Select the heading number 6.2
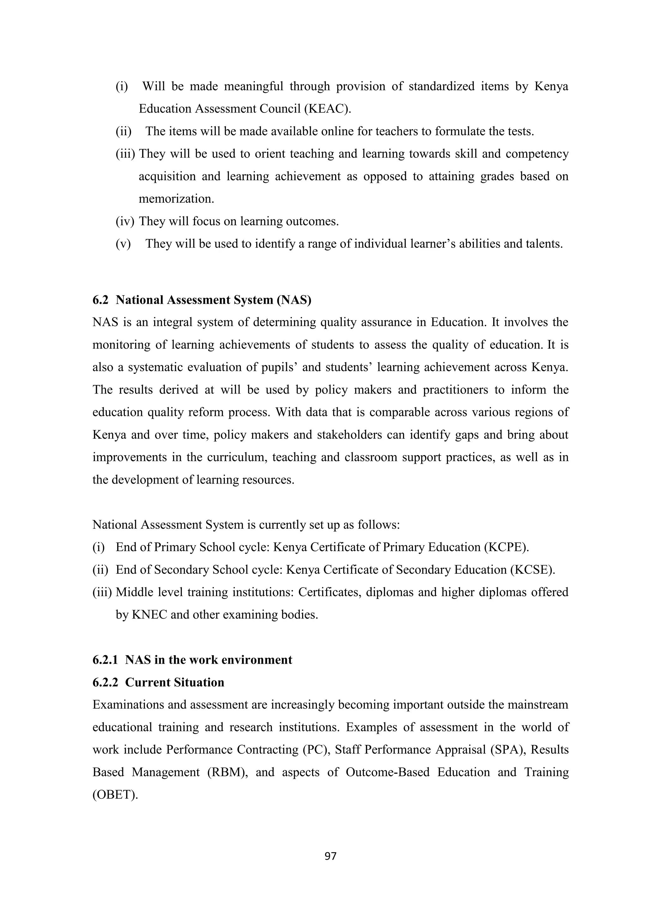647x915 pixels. click(100, 300)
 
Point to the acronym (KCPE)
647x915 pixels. click(506, 547)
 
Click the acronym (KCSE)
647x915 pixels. click(532, 570)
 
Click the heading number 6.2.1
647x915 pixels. click(105, 660)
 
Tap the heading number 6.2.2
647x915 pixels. click(105, 682)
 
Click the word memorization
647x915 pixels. click(176, 199)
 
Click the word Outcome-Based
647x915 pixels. click(387, 772)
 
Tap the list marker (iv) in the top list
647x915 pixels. click(125, 222)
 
